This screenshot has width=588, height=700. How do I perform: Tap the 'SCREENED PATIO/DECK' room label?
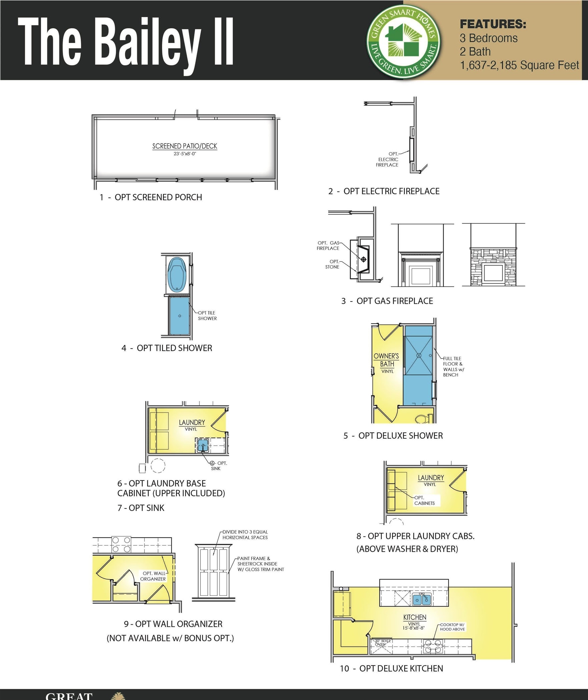coord(184,146)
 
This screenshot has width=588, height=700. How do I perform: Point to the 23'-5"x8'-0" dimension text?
coord(184,154)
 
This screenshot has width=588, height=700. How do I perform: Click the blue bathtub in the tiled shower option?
coord(176,274)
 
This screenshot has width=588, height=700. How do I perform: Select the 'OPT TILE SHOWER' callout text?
coord(207,315)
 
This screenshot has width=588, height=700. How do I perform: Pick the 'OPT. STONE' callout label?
coord(333,264)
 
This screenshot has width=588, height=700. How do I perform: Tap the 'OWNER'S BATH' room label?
coord(386,360)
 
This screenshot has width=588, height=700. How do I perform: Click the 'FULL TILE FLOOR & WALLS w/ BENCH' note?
coord(453,367)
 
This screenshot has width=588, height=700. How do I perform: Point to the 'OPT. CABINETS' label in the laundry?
coord(424,500)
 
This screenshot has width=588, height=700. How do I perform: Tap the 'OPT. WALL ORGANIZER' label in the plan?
coord(153,576)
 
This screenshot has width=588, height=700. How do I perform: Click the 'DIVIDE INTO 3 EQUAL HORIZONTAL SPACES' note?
coord(245,534)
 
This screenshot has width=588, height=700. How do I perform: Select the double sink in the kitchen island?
coord(422,600)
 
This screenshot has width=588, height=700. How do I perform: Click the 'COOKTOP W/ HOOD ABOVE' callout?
coord(452,627)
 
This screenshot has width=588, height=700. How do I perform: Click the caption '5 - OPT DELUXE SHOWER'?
coord(393,436)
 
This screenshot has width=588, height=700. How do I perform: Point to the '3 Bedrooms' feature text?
coord(488,38)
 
